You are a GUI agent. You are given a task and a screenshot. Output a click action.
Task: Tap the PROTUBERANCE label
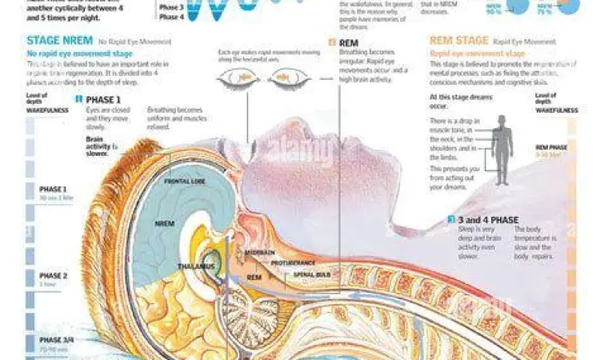[x=293, y=262]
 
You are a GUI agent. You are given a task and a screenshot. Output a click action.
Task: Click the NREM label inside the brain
[x=165, y=223]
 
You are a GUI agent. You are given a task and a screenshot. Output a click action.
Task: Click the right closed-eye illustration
[x=287, y=78]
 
